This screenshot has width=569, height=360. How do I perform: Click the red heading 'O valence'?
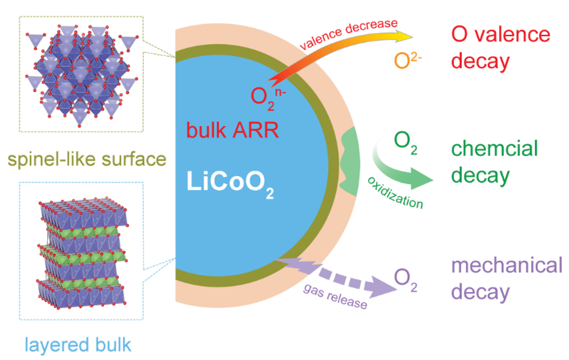501,35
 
